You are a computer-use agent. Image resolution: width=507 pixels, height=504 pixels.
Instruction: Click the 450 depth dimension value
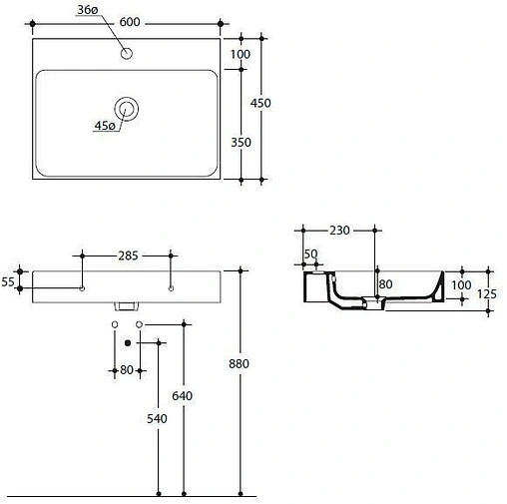[x=261, y=103]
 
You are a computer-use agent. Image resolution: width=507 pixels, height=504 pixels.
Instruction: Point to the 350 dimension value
[x=240, y=143]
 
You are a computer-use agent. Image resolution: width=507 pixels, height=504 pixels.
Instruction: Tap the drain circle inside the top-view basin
[x=126, y=109]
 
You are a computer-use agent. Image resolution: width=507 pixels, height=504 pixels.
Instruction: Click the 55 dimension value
[x=8, y=282]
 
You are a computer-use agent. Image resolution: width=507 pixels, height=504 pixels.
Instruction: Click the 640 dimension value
[x=184, y=396]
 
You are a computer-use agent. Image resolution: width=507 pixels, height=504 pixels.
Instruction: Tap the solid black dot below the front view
[x=127, y=342]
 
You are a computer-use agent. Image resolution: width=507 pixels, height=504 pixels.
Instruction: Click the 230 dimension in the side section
[x=338, y=231]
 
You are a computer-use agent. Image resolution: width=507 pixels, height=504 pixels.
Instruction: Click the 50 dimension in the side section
[x=311, y=254]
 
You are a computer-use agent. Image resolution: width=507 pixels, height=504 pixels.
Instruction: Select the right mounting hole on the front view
[x=170, y=289]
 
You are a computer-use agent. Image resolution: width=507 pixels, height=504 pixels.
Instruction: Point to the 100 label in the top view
[x=240, y=54]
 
